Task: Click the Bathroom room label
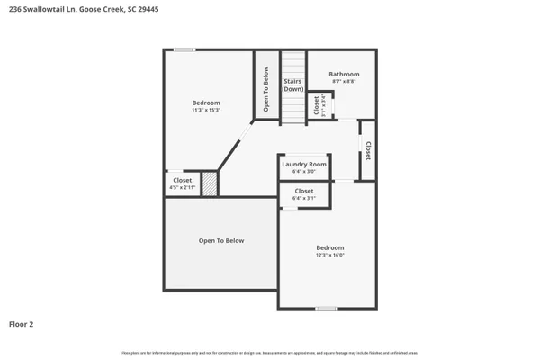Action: [x=344, y=74]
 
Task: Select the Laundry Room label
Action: [x=304, y=164]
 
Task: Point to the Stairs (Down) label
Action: [x=292, y=85]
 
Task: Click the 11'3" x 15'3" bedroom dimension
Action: [x=206, y=111]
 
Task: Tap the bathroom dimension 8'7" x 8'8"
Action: [x=344, y=82]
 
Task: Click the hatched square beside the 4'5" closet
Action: [x=210, y=184]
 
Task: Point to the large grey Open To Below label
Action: [x=221, y=241]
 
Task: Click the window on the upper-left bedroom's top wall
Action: [x=184, y=49]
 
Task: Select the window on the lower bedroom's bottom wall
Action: [x=327, y=309]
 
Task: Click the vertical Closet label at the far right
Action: [x=367, y=151]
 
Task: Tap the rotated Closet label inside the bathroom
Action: [x=316, y=104]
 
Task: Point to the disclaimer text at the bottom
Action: [x=270, y=352]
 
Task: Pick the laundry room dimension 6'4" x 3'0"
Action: [x=304, y=172]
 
